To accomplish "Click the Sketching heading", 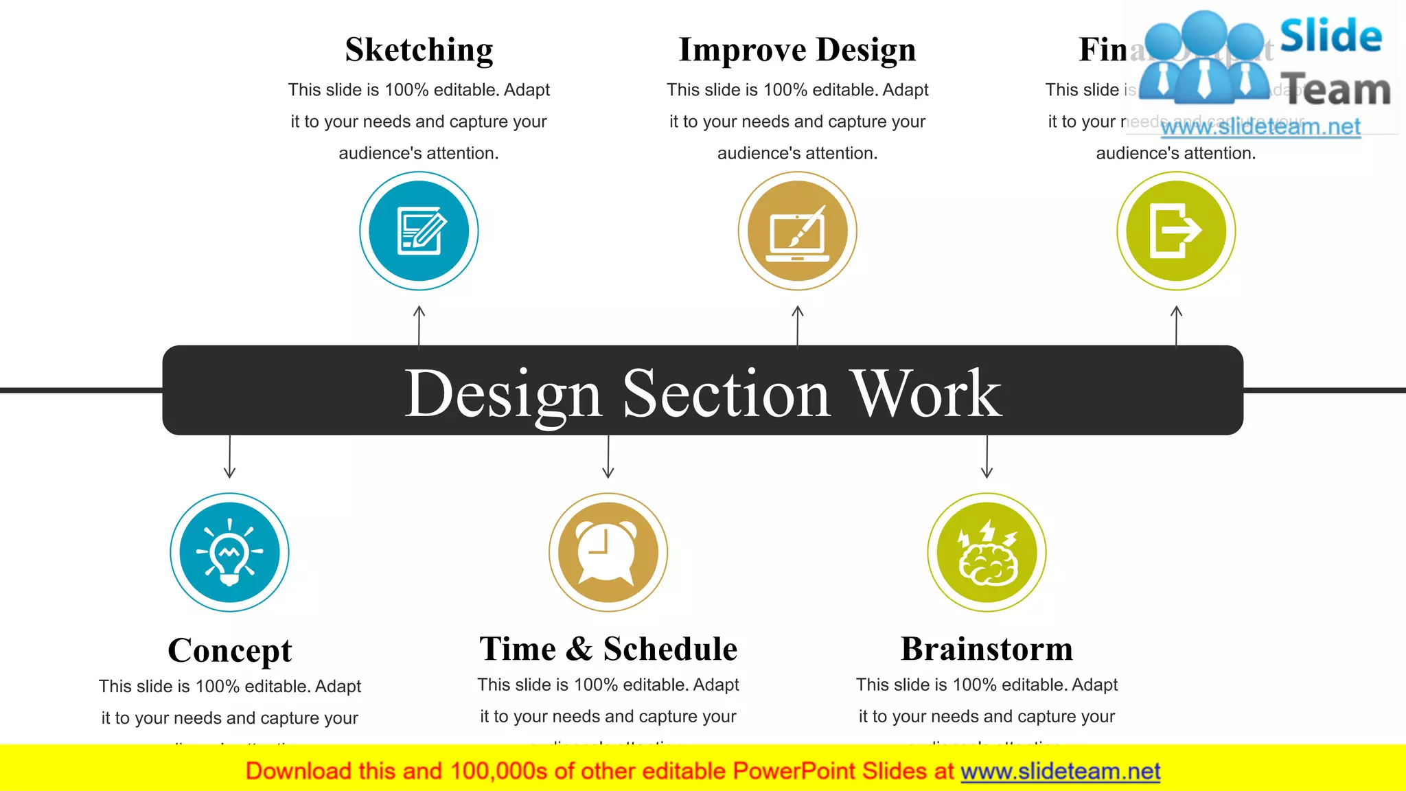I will [419, 50].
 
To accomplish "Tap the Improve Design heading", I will [797, 50].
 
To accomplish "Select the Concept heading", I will [229, 650].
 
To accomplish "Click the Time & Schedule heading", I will [608, 649].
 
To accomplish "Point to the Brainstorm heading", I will [987, 649].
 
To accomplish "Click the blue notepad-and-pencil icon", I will [419, 231].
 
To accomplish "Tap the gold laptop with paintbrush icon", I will [797, 231].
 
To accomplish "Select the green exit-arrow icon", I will [1176, 231].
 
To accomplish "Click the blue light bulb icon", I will [229, 552].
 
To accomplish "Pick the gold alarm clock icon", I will [608, 552].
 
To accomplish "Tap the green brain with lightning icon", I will [987, 552].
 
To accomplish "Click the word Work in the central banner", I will [926, 393].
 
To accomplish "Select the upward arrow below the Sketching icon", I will [419, 325].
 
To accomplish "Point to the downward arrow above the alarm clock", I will [608, 457].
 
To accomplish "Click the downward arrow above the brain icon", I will [987, 457].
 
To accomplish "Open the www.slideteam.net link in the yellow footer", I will [1060, 772].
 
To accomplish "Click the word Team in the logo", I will [1335, 90].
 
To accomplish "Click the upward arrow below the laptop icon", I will [797, 325].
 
